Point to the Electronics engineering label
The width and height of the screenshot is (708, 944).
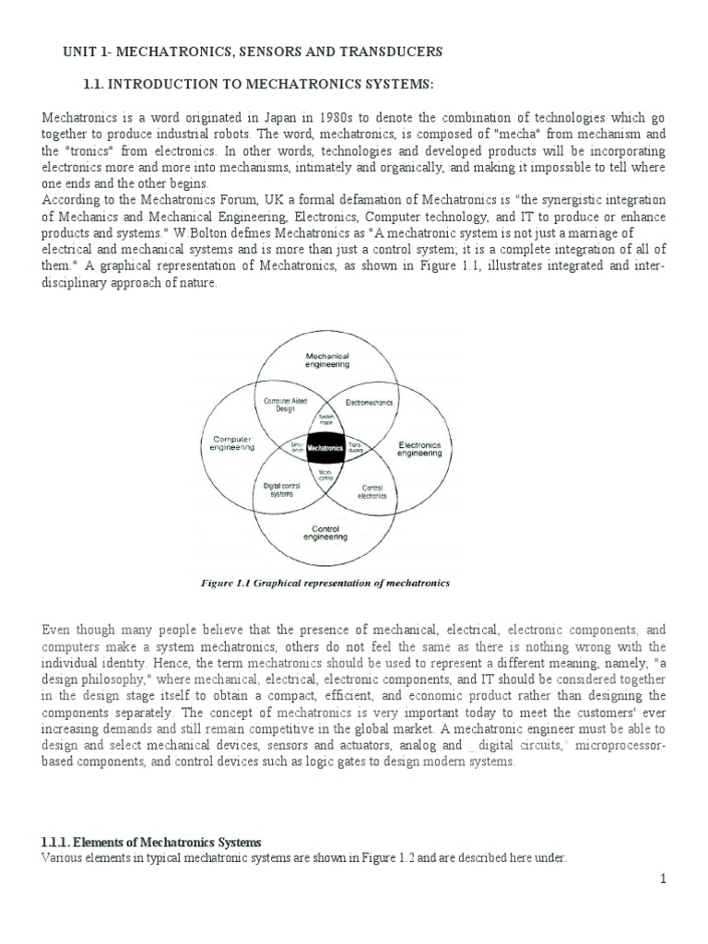click(x=419, y=448)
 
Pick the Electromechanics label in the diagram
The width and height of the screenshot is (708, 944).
click(x=369, y=403)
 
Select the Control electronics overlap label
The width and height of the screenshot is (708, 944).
click(x=372, y=491)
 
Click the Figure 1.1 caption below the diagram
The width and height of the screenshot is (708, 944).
click(x=324, y=584)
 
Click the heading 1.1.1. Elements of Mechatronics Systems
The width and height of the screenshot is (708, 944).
click(x=152, y=843)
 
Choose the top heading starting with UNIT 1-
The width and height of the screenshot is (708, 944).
click(x=252, y=52)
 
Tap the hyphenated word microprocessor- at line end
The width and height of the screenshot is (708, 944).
click(x=619, y=746)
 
